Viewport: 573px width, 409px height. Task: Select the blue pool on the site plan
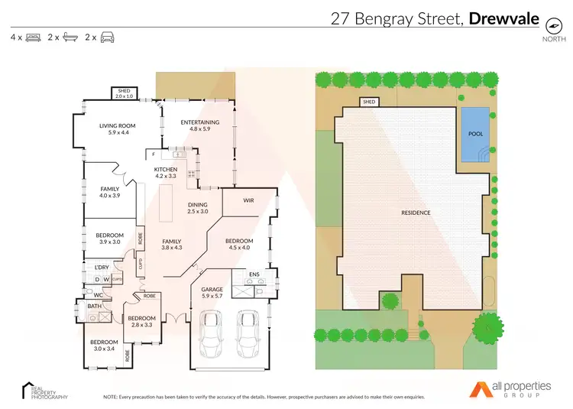coord(474,134)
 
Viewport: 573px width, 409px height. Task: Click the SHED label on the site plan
coord(370,102)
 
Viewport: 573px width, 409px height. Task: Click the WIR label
coord(248,200)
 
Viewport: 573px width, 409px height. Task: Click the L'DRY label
coord(102,267)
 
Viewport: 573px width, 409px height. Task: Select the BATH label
coord(94,307)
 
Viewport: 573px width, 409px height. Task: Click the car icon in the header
coord(108,37)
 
